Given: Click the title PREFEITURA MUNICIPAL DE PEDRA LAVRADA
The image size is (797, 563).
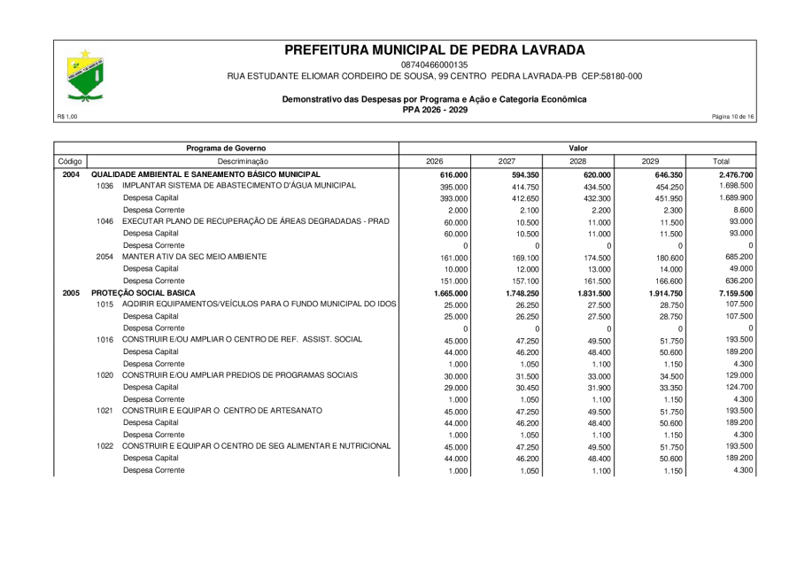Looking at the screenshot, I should (434, 50).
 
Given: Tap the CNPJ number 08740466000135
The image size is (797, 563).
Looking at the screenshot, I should (434, 65).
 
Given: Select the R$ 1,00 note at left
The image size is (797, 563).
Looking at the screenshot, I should (67, 117).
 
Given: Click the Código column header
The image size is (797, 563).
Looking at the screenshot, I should (70, 161).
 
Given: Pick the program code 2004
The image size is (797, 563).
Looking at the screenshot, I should (71, 174).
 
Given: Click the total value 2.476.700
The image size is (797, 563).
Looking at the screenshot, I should (735, 175).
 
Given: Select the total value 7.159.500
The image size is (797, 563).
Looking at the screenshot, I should (735, 293).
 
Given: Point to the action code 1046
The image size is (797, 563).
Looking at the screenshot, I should (105, 221).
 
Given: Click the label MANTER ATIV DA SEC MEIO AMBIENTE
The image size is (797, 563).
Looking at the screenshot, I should (194, 257).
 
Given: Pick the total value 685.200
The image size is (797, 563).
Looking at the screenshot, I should (739, 257).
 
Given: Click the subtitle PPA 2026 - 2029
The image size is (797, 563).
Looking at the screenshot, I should (434, 109).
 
